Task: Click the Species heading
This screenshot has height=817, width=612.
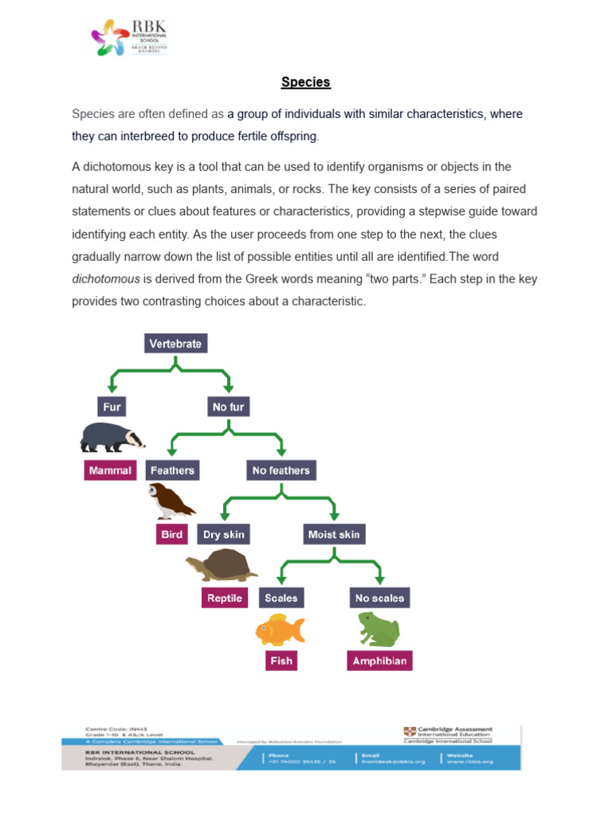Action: tap(305, 82)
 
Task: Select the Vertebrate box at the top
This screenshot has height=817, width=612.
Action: tap(176, 344)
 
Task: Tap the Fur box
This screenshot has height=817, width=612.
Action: tap(112, 407)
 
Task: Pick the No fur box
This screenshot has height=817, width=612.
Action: tap(228, 407)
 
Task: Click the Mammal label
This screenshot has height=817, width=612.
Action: tap(110, 471)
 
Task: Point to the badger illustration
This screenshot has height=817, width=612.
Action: tap(112, 438)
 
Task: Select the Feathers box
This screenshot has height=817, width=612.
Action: tap(172, 471)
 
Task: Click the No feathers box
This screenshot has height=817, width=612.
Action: tap(280, 471)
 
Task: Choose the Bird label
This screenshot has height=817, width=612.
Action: tap(171, 535)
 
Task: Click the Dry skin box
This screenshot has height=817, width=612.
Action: tap(224, 535)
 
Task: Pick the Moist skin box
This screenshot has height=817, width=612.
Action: tap(334, 535)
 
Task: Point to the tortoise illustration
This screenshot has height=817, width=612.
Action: tap(222, 566)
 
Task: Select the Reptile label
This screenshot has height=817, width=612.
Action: tap(224, 598)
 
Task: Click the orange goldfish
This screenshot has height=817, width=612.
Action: tap(280, 630)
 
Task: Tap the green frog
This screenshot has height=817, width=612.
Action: tap(379, 630)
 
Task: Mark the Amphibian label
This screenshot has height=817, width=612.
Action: tap(380, 661)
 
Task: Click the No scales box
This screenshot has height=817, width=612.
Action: tap(379, 598)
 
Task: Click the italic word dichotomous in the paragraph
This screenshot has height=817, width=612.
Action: tap(106, 279)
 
